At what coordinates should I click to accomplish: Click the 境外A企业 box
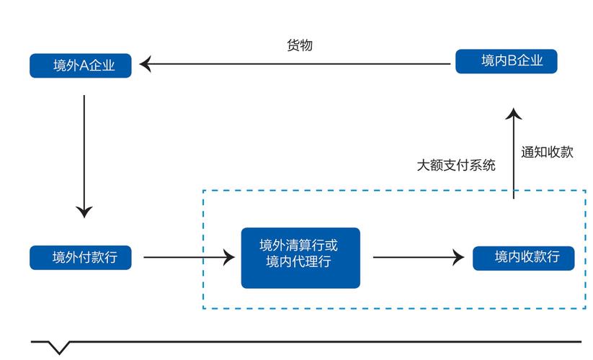81,66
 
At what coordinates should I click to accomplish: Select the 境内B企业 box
507,60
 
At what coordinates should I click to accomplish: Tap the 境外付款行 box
81,257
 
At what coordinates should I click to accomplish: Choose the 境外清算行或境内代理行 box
300,257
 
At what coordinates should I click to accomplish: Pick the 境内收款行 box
523,257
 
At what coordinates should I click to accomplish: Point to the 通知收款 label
547,152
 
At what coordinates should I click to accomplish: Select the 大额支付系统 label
456,165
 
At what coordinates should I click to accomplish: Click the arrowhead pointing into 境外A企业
145,65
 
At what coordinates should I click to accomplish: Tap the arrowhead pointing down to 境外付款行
84,212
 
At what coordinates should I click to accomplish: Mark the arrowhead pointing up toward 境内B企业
513,113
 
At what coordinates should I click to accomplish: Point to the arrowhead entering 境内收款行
458,257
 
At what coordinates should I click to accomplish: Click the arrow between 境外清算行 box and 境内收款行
414,257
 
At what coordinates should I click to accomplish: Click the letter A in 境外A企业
83,66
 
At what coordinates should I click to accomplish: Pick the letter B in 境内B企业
512,61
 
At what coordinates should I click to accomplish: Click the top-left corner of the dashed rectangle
203,191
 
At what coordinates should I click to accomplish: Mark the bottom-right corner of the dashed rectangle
585,309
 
